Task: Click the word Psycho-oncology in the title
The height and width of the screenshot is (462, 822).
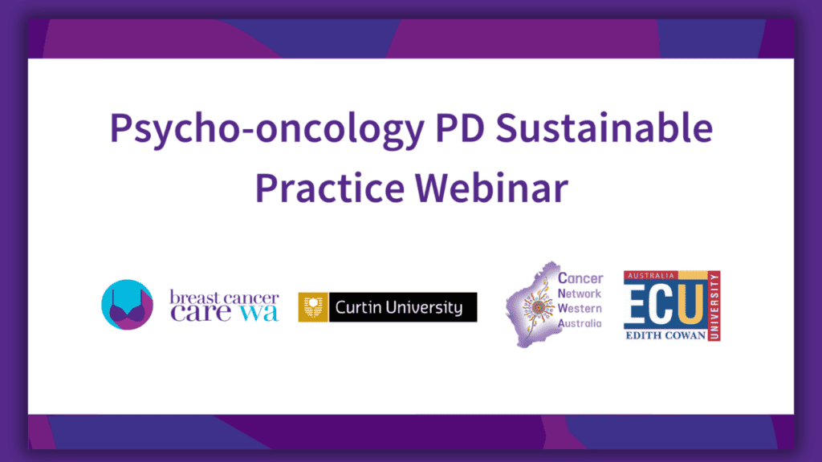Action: pyautogui.click(x=267, y=129)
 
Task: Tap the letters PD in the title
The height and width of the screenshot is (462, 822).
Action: pyautogui.click(x=460, y=128)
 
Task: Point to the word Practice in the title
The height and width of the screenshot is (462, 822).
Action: pyautogui.click(x=330, y=187)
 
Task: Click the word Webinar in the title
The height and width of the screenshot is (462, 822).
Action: pyautogui.click(x=492, y=187)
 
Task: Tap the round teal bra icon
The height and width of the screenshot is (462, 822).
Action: pyautogui.click(x=128, y=305)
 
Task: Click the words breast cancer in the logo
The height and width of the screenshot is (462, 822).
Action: pyautogui.click(x=224, y=298)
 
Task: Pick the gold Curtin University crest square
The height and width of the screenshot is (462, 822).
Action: pyautogui.click(x=313, y=307)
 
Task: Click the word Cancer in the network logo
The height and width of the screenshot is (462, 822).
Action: pyautogui.click(x=580, y=278)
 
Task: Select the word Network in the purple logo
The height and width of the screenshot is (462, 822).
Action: pyautogui.click(x=580, y=294)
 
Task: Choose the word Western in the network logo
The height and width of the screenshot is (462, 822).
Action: pyautogui.click(x=580, y=308)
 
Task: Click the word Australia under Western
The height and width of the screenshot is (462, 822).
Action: pyautogui.click(x=580, y=323)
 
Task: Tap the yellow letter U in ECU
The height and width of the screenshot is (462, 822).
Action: pyautogui.click(x=691, y=303)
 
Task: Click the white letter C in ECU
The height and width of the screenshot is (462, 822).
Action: pyautogui.click(x=660, y=303)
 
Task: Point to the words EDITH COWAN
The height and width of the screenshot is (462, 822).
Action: pyautogui.click(x=665, y=335)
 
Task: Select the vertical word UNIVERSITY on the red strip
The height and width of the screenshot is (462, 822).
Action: pyautogui.click(x=714, y=306)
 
